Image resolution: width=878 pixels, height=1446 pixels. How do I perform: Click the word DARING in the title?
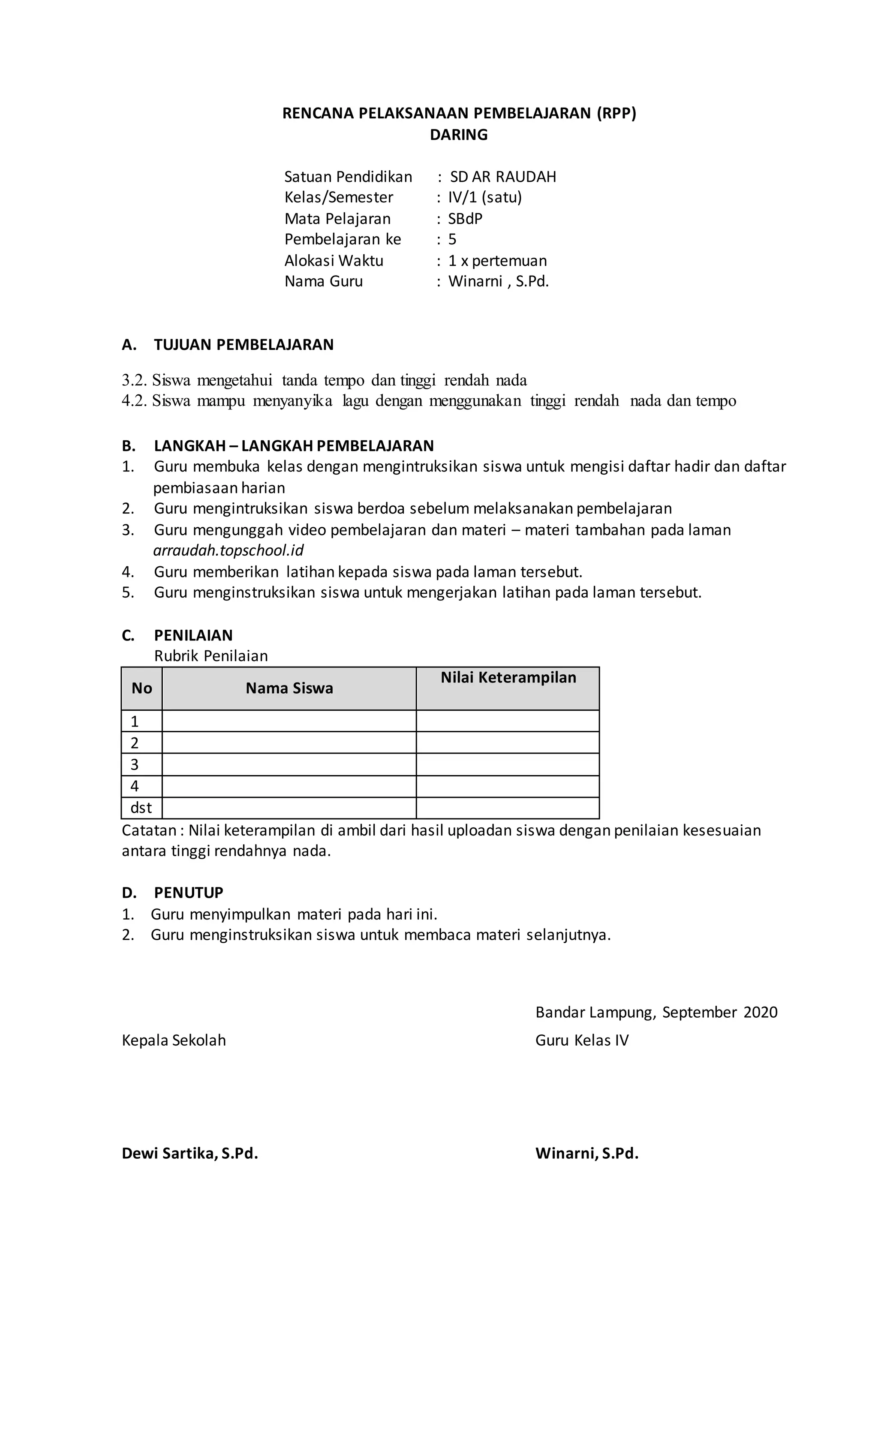pos(458,135)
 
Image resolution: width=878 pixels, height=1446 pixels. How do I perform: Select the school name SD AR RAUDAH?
pos(502,177)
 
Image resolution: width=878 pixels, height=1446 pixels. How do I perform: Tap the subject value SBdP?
pos(465,219)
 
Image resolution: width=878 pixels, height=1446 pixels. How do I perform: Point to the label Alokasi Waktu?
pos(334,261)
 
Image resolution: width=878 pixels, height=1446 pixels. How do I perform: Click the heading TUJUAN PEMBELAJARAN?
pos(244,345)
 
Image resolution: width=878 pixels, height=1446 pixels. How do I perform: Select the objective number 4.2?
pos(134,401)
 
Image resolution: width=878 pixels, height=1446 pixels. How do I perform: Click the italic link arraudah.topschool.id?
pos(229,550)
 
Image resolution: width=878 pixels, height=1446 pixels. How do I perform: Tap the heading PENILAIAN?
pos(193,635)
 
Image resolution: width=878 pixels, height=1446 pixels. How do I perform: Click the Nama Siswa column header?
pos(289,688)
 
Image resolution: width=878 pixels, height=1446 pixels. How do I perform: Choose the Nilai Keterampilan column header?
pos(508,678)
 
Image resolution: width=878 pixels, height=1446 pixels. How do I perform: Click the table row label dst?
pos(141,808)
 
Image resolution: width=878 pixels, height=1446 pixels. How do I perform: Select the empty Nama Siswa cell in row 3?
pos(289,765)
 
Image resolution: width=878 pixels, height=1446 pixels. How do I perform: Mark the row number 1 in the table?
pos(134,721)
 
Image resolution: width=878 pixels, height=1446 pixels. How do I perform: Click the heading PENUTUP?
pos(188,893)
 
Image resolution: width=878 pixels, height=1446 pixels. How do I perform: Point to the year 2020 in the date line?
pos(760,1012)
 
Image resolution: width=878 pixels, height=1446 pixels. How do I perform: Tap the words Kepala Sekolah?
pos(174,1040)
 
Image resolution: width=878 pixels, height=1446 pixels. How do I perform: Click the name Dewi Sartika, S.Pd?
pos(189,1153)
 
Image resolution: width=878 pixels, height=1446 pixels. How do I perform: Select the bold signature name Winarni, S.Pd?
pos(586,1153)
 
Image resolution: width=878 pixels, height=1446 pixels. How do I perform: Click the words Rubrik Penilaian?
pos(210,656)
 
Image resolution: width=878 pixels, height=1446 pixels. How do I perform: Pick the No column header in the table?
pos(141,688)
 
